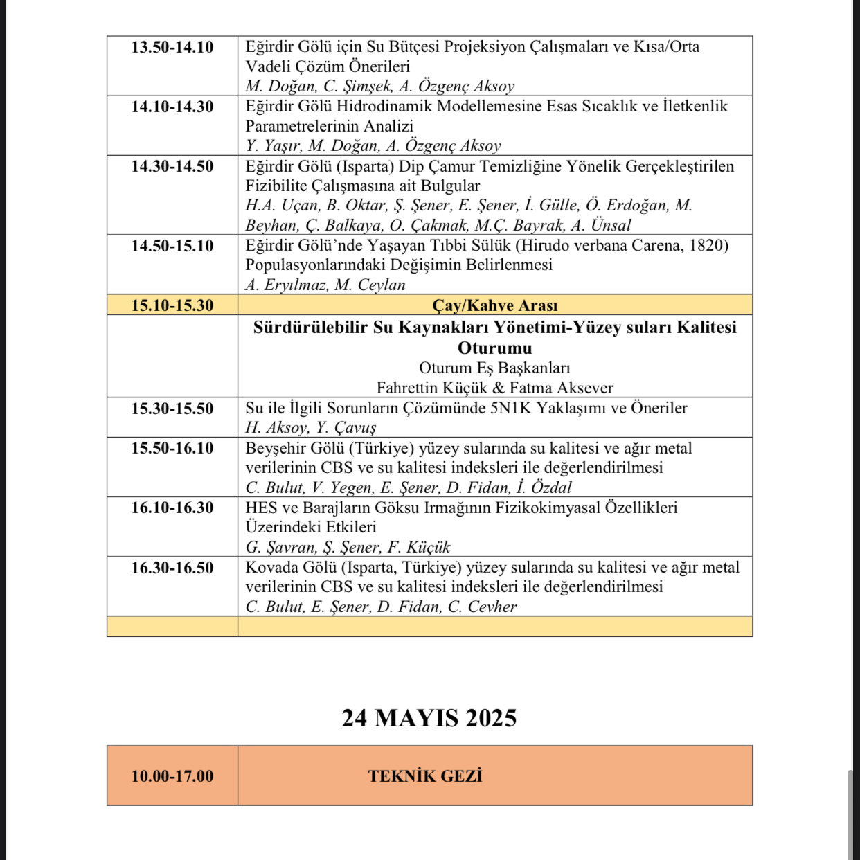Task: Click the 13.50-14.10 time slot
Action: pos(172,47)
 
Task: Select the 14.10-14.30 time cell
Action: pos(172,107)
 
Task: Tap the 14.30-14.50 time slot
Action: pos(172,166)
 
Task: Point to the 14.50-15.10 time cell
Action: pos(172,246)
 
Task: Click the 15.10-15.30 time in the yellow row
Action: pos(172,305)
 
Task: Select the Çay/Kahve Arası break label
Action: pos(494,305)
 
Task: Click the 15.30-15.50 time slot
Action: pos(172,409)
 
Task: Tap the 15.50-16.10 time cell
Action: pos(172,448)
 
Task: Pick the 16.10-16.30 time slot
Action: pos(172,508)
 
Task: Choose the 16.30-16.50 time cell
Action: pos(172,568)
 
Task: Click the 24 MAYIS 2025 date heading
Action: pos(429,718)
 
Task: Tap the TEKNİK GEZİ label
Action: pos(425,776)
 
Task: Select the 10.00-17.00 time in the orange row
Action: pos(172,776)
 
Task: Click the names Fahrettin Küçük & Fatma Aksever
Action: pos(494,388)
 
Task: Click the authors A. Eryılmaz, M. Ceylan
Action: pos(325,285)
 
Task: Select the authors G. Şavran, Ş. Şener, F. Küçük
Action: pos(348,547)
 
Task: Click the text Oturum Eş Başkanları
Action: pos(494,368)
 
